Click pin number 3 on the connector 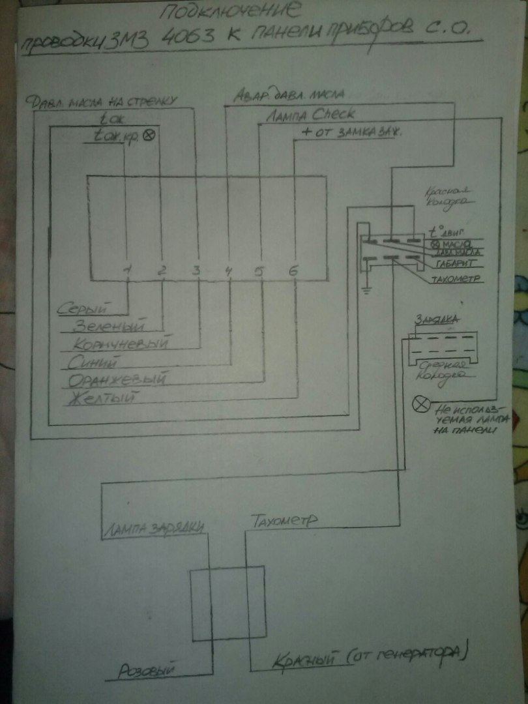[x=196, y=271]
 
